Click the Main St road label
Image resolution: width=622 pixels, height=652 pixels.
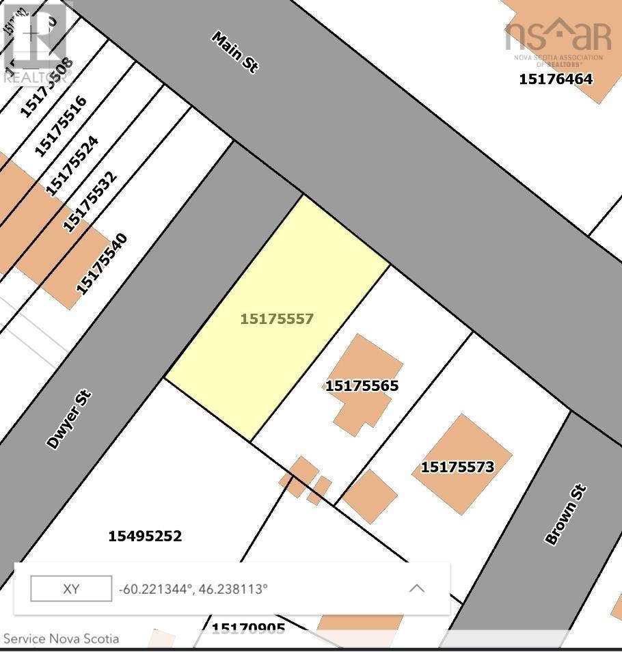click(234, 52)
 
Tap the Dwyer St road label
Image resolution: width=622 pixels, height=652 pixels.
click(68, 420)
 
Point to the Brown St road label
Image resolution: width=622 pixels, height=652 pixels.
click(565, 514)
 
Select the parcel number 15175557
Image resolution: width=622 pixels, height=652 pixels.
click(277, 318)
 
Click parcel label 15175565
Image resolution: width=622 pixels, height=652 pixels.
click(362, 385)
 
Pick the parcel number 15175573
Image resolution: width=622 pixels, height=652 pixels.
click(457, 467)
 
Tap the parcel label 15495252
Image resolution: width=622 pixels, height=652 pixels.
click(145, 536)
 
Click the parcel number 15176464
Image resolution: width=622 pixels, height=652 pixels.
click(556, 79)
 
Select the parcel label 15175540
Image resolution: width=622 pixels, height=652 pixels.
click(101, 264)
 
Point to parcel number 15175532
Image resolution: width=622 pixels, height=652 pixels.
click(90, 202)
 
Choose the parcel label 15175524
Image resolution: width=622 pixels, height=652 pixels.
click(72, 165)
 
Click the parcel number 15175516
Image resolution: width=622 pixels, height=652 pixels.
click(60, 126)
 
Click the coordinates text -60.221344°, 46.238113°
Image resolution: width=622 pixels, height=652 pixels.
click(193, 588)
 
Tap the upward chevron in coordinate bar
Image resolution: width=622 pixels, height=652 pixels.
click(416, 588)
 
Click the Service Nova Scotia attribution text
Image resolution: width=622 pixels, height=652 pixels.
click(62, 639)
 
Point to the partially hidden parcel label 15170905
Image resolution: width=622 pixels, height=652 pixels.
click(248, 628)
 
